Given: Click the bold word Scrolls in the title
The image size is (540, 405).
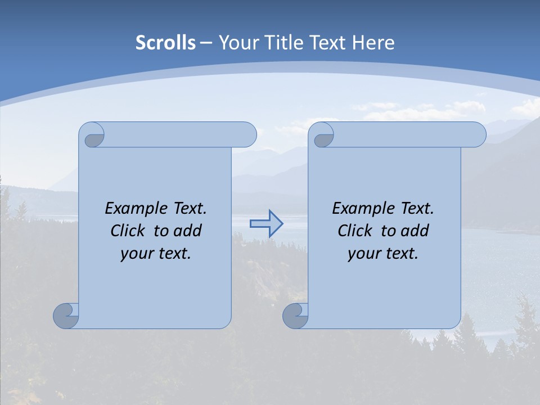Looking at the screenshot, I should pos(165,43).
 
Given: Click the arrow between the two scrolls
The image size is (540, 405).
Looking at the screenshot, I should pos(266,224).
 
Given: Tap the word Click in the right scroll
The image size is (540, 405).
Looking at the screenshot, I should pos(355,231).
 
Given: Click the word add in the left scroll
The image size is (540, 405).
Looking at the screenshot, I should pos(186,231).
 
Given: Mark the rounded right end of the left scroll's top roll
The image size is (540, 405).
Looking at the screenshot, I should pos(248,134).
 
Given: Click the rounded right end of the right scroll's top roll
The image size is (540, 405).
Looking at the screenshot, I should pos(478,134).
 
